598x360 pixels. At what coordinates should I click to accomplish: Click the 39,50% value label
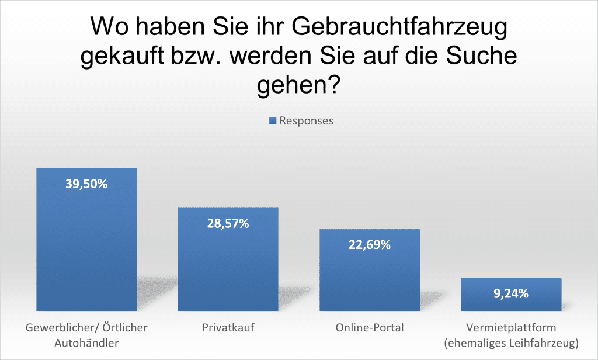(86, 184)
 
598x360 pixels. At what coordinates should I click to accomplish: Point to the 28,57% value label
(228, 223)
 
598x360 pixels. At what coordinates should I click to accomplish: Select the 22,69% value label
(369, 245)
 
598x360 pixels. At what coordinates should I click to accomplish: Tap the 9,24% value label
(511, 293)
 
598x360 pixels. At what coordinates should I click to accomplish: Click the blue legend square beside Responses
(273, 121)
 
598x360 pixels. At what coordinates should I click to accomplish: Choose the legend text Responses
(307, 121)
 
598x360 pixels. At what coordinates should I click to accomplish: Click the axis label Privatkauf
(228, 328)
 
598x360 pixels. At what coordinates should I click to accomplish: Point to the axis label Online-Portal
(369, 328)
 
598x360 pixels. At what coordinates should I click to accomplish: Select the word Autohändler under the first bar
(86, 342)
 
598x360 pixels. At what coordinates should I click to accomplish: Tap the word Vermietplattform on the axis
(511, 328)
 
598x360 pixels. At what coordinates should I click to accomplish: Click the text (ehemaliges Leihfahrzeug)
(511, 342)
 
